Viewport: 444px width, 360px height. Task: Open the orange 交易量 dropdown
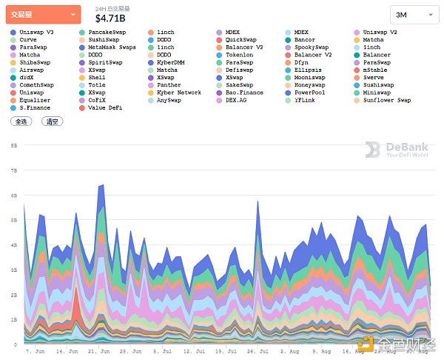(x=43, y=13)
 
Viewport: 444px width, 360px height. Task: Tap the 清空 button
(x=52, y=121)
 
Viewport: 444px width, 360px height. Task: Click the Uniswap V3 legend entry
(x=35, y=33)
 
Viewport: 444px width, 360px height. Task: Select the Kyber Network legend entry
(x=178, y=93)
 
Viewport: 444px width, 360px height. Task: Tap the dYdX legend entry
(x=27, y=77)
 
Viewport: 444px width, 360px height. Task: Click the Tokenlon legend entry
(x=240, y=55)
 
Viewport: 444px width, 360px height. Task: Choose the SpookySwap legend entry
(x=311, y=47)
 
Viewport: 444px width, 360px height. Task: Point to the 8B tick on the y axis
(x=13, y=146)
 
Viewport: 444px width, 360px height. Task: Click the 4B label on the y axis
(x=13, y=245)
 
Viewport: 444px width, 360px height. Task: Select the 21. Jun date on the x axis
(x=99, y=350)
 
